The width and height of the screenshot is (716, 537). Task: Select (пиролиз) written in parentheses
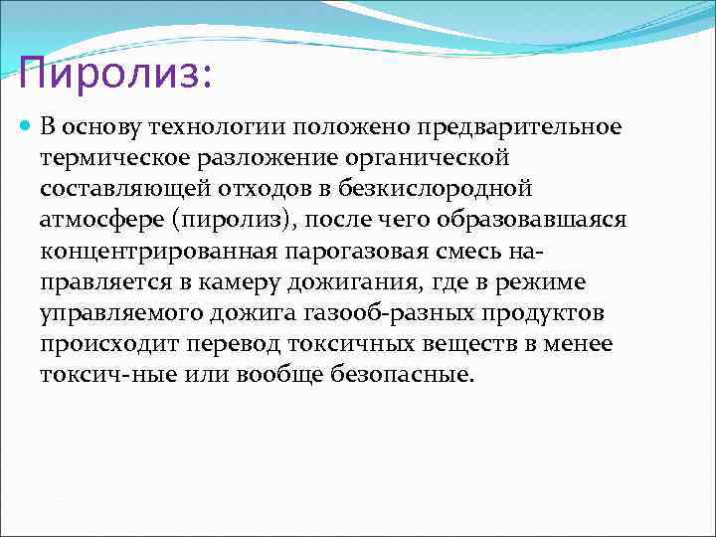245,220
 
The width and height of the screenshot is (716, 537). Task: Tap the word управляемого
120,312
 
